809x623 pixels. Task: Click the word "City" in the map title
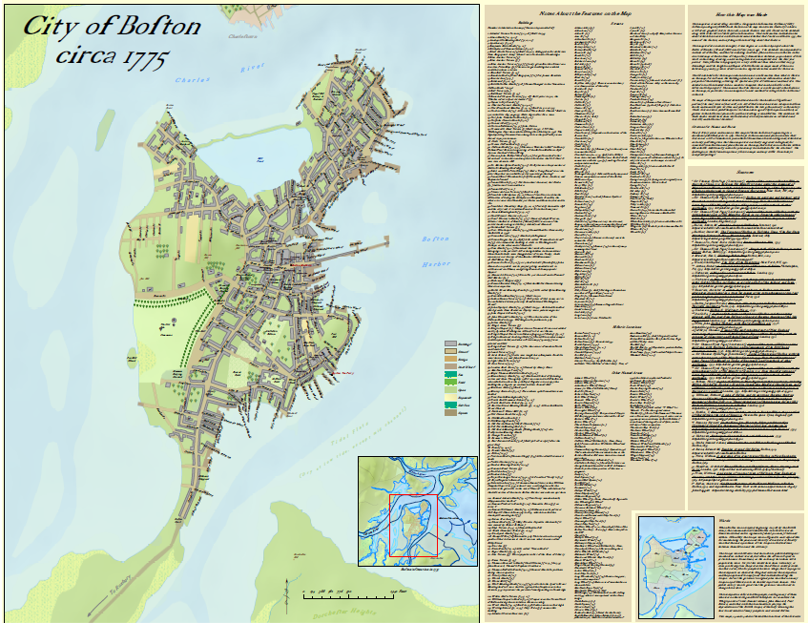point(51,28)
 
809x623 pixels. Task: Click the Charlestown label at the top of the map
point(245,36)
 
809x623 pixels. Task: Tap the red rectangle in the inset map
point(413,525)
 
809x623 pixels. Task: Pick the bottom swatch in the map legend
point(451,414)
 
